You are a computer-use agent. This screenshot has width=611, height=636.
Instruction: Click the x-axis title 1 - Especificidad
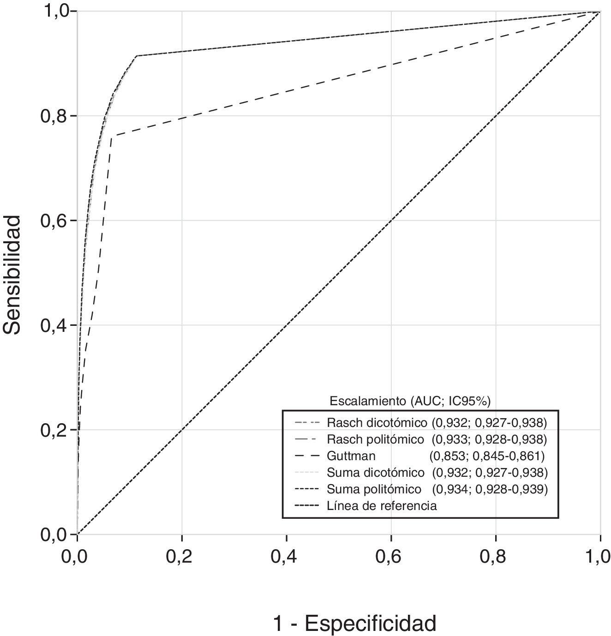(x=354, y=624)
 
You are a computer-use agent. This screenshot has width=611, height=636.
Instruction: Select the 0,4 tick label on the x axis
(x=287, y=557)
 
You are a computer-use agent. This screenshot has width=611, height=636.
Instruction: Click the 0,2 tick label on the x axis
(x=182, y=557)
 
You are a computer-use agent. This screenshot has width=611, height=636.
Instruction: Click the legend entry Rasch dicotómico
(x=377, y=422)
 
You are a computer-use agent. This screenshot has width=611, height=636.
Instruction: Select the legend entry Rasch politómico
(x=375, y=438)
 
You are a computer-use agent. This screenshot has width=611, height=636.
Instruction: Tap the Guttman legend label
(x=351, y=456)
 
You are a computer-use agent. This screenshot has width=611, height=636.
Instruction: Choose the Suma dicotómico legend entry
(x=375, y=473)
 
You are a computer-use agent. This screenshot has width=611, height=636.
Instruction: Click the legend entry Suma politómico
(x=374, y=489)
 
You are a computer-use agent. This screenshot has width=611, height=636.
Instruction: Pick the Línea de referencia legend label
(x=381, y=506)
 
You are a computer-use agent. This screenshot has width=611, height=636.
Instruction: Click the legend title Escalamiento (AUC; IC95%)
(x=410, y=401)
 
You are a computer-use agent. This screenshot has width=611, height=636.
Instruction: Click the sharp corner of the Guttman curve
(x=112, y=136)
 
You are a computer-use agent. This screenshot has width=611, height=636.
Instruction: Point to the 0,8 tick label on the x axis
(x=496, y=557)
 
